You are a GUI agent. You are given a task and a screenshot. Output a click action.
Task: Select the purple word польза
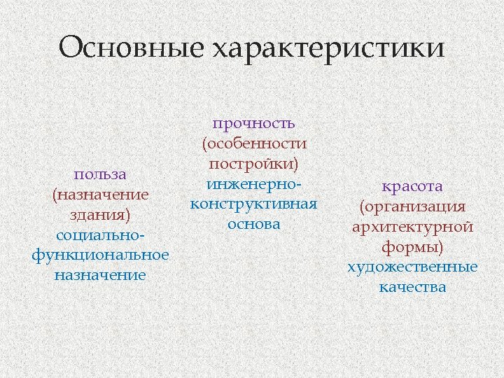[x=100, y=173]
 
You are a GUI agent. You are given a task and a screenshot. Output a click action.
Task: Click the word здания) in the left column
[x=100, y=213]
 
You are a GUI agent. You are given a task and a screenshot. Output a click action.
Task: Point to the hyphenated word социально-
[x=100, y=234]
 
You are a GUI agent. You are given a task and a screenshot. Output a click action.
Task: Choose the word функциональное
[x=100, y=254]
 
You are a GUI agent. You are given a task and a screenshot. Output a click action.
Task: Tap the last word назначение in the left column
[x=100, y=274]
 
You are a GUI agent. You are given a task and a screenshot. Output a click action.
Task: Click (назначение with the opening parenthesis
[x=100, y=193]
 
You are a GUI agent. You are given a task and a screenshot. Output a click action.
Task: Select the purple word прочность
[x=254, y=123]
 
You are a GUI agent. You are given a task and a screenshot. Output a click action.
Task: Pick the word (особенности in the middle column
[x=254, y=143]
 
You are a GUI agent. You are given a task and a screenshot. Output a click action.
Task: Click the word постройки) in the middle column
[x=254, y=164]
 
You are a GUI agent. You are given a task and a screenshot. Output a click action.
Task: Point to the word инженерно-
[x=254, y=184]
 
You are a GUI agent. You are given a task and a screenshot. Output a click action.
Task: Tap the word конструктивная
[x=254, y=204]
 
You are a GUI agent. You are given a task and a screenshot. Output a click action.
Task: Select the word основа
[x=254, y=225]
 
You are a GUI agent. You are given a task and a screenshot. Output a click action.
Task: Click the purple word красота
[x=412, y=186]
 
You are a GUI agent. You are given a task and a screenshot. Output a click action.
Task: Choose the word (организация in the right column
[x=412, y=206]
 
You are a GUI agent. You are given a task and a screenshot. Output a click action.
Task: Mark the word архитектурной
[x=412, y=227]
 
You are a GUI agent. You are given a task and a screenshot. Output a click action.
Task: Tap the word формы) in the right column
[x=412, y=247]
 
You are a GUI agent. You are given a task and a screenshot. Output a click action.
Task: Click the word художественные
[x=412, y=267]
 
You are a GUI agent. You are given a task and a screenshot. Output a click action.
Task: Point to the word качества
[x=412, y=287]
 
